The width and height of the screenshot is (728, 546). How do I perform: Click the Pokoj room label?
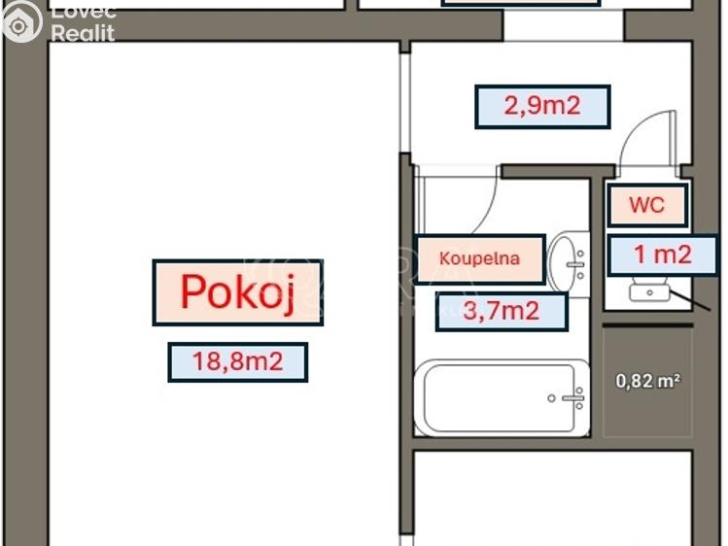(x=237, y=291)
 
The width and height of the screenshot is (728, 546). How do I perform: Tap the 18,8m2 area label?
(x=237, y=362)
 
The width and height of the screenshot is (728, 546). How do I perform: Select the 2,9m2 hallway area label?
(x=542, y=106)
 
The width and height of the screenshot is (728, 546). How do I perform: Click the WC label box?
(x=646, y=205)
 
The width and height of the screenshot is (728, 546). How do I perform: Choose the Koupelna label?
(x=479, y=258)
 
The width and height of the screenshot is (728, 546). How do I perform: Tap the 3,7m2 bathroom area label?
(x=501, y=312)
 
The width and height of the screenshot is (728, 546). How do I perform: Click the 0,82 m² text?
(x=647, y=381)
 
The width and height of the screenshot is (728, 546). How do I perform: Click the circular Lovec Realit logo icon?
(x=21, y=21)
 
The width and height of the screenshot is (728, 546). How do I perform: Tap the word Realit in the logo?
(x=83, y=33)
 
